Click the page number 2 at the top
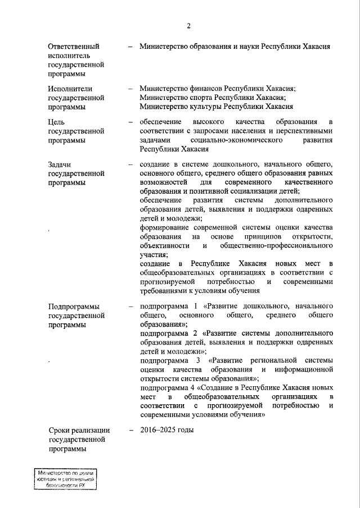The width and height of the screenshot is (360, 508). (189, 26)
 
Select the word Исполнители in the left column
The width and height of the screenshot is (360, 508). (70, 88)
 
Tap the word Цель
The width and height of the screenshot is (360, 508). (57, 122)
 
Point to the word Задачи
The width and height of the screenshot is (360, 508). (60, 164)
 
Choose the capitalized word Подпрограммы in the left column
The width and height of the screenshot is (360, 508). (74, 306)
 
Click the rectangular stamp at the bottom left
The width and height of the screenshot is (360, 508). (62, 480)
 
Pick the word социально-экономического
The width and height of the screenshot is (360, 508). (237, 140)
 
